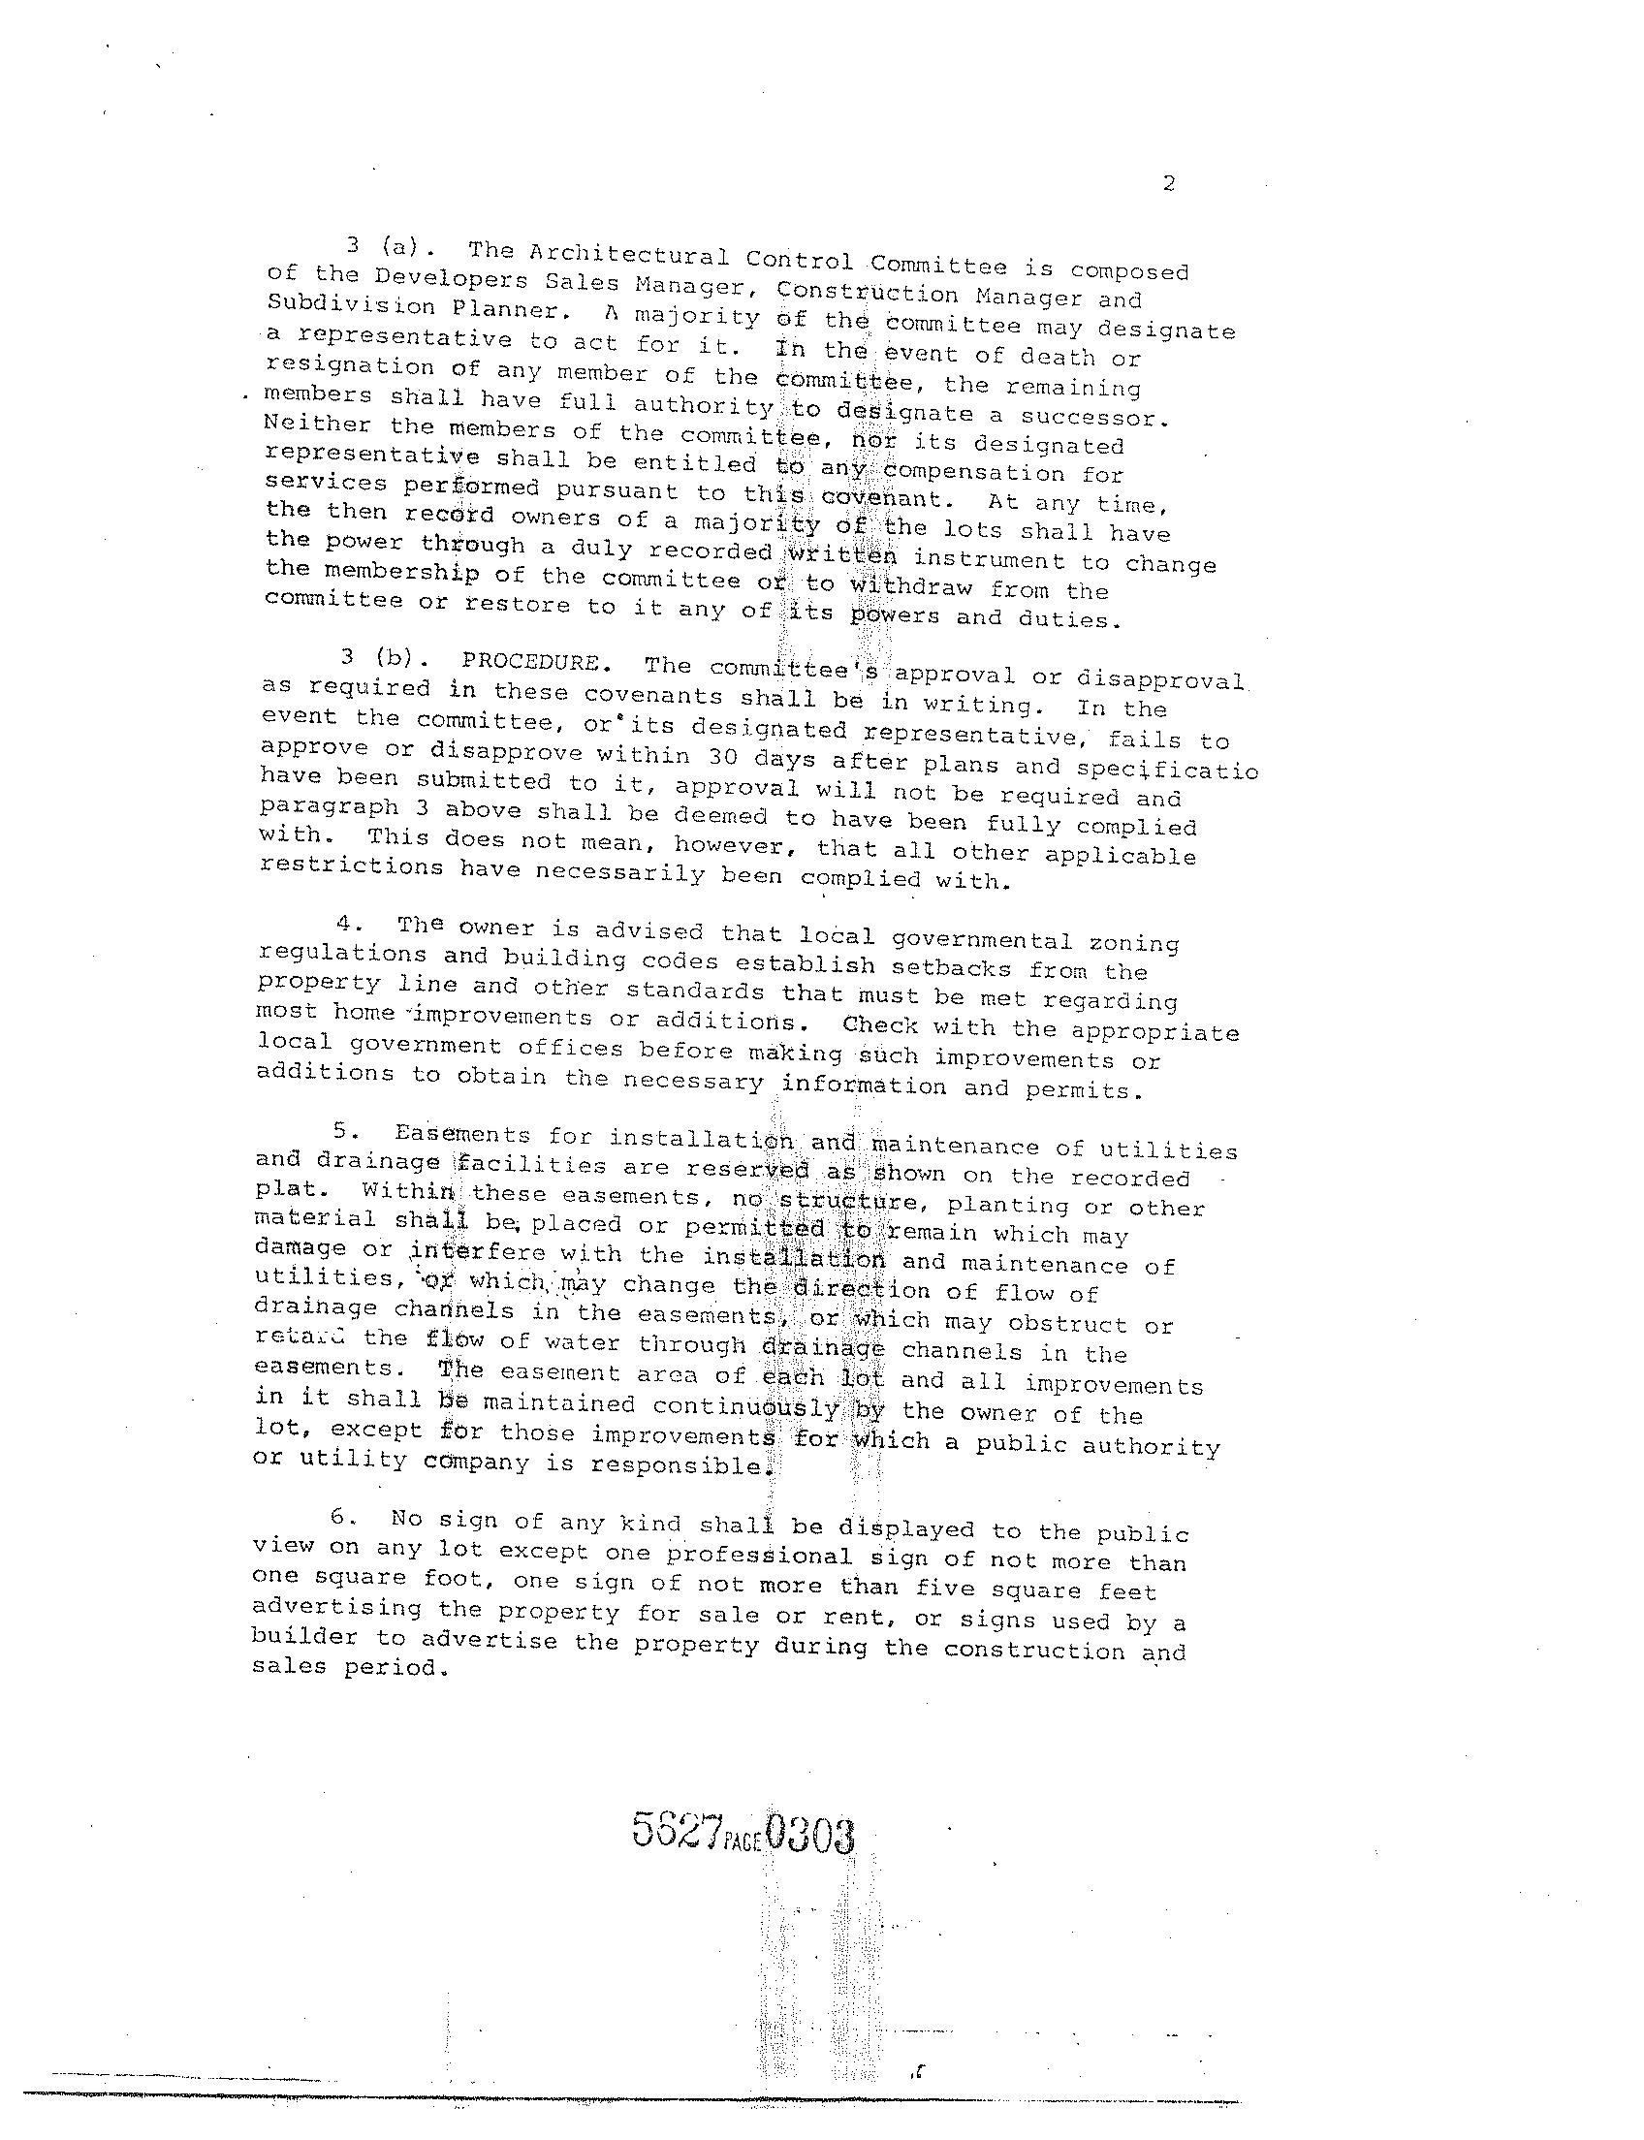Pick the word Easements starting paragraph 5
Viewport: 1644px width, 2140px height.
coord(463,1134)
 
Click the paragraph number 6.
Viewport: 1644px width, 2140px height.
coord(338,1518)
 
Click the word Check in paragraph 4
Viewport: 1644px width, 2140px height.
coord(880,1025)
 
